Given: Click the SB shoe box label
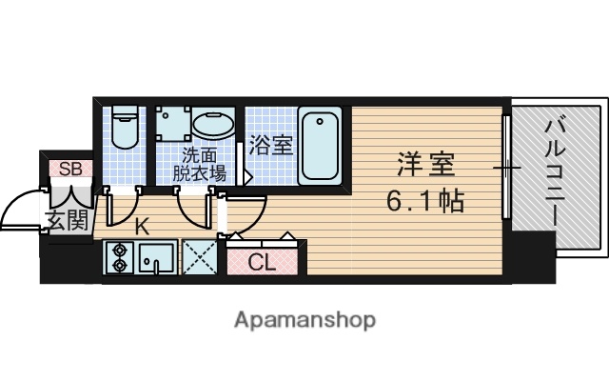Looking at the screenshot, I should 70,170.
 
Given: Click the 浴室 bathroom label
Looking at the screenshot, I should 270,147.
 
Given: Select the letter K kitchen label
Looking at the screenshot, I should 141,227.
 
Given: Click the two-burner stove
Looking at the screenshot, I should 120,258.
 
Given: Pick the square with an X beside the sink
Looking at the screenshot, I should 198,258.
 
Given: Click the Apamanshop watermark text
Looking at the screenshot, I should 304,318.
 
